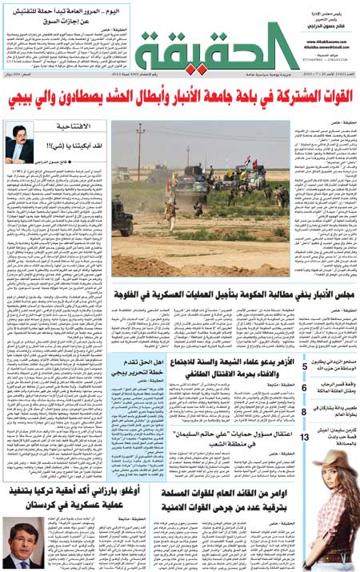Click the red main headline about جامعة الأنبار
click(x=179, y=101)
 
